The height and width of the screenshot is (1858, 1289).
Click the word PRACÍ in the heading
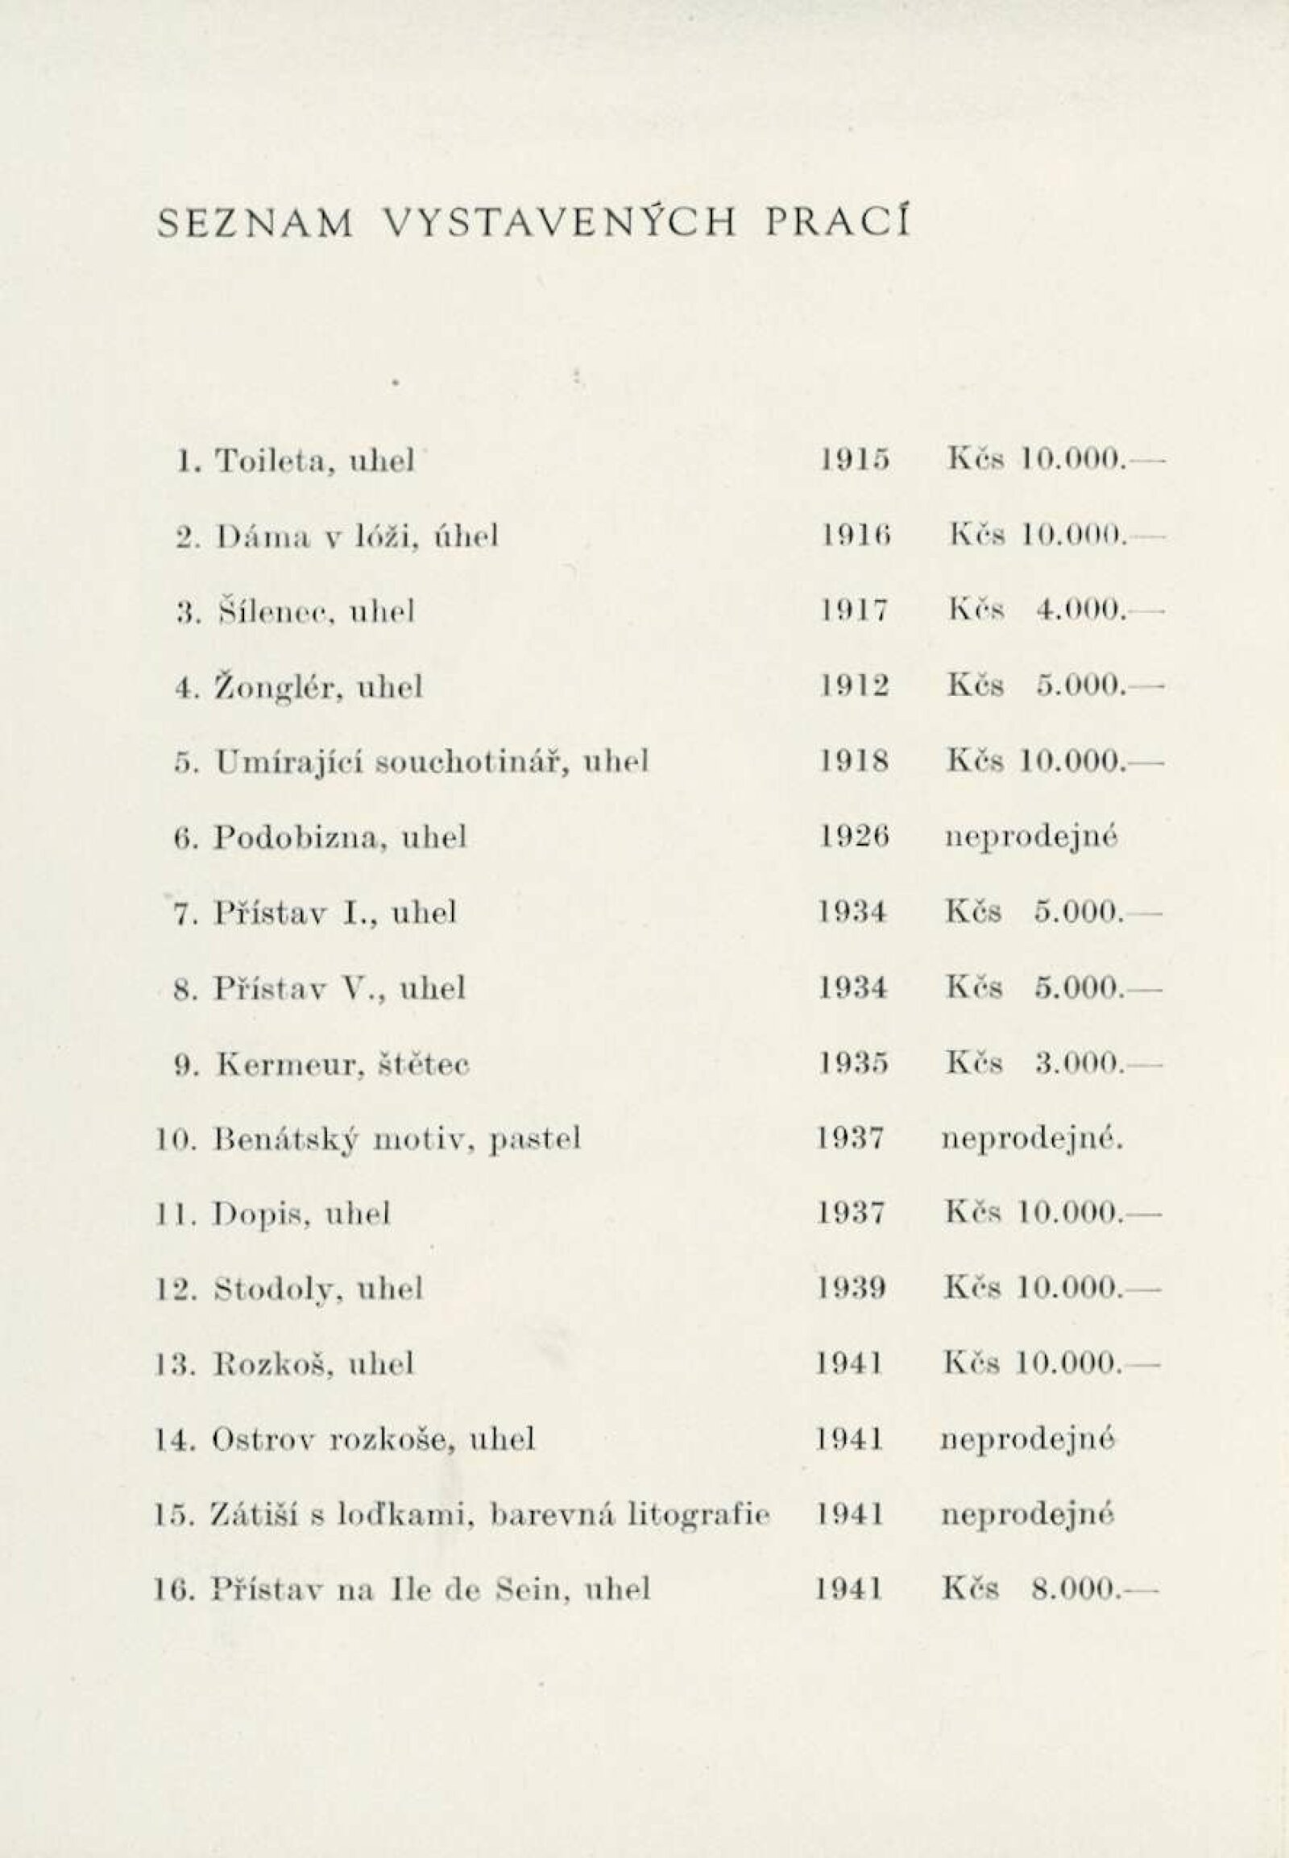coord(839,223)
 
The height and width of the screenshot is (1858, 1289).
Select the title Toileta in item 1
coord(269,461)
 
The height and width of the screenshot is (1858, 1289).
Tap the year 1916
coord(854,536)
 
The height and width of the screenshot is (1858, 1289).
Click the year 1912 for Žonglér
coord(855,686)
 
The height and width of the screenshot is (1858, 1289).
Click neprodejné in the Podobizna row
coord(1030,838)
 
